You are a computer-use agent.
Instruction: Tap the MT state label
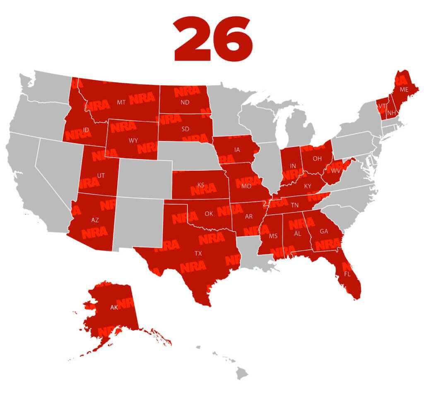point(121,102)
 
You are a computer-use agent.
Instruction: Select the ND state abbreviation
point(185,103)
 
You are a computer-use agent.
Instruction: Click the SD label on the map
point(185,129)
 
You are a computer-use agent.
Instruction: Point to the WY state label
point(133,141)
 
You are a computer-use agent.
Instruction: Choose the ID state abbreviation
point(86,130)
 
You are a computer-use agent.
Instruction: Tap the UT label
point(101,175)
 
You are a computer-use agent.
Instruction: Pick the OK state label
point(209,214)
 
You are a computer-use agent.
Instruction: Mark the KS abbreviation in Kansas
point(201,185)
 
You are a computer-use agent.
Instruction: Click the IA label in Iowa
point(236,150)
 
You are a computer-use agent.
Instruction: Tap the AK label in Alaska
point(114,307)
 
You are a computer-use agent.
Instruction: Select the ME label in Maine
point(404,89)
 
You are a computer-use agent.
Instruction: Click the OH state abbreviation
point(317,158)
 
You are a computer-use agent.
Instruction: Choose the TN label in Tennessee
point(295,205)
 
